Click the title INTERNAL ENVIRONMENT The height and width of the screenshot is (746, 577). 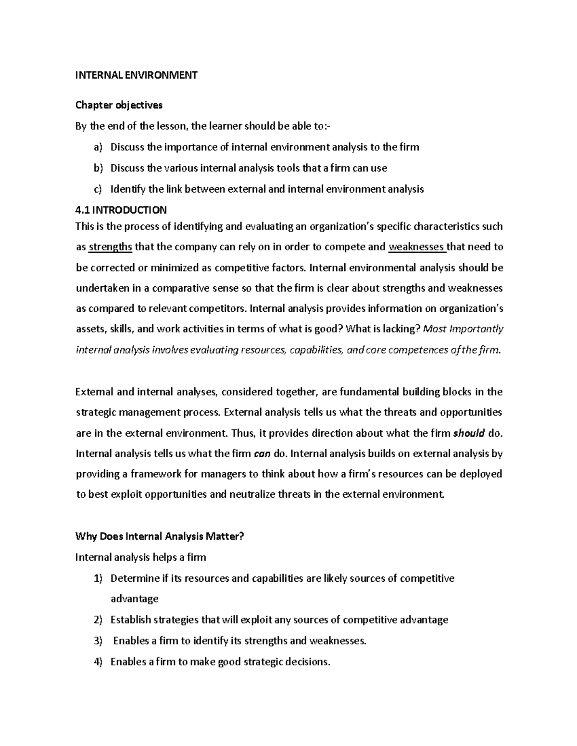click(x=137, y=75)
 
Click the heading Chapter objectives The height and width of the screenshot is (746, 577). click(x=119, y=105)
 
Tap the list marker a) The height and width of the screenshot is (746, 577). click(x=99, y=147)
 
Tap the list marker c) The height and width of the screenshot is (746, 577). click(x=98, y=189)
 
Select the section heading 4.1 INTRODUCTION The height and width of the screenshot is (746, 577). click(x=121, y=210)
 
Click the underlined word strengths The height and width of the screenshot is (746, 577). click(x=111, y=247)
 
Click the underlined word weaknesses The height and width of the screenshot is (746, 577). click(x=416, y=247)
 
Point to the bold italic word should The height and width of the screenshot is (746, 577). click(x=469, y=433)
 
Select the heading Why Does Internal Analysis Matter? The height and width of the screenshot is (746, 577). click(x=160, y=537)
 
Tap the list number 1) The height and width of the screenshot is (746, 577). click(x=98, y=578)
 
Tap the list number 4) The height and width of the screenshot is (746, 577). click(x=98, y=662)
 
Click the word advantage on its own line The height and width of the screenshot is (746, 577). click(x=134, y=599)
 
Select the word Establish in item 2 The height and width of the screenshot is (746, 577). click(x=130, y=620)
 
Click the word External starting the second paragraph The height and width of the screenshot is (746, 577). click(x=95, y=392)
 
